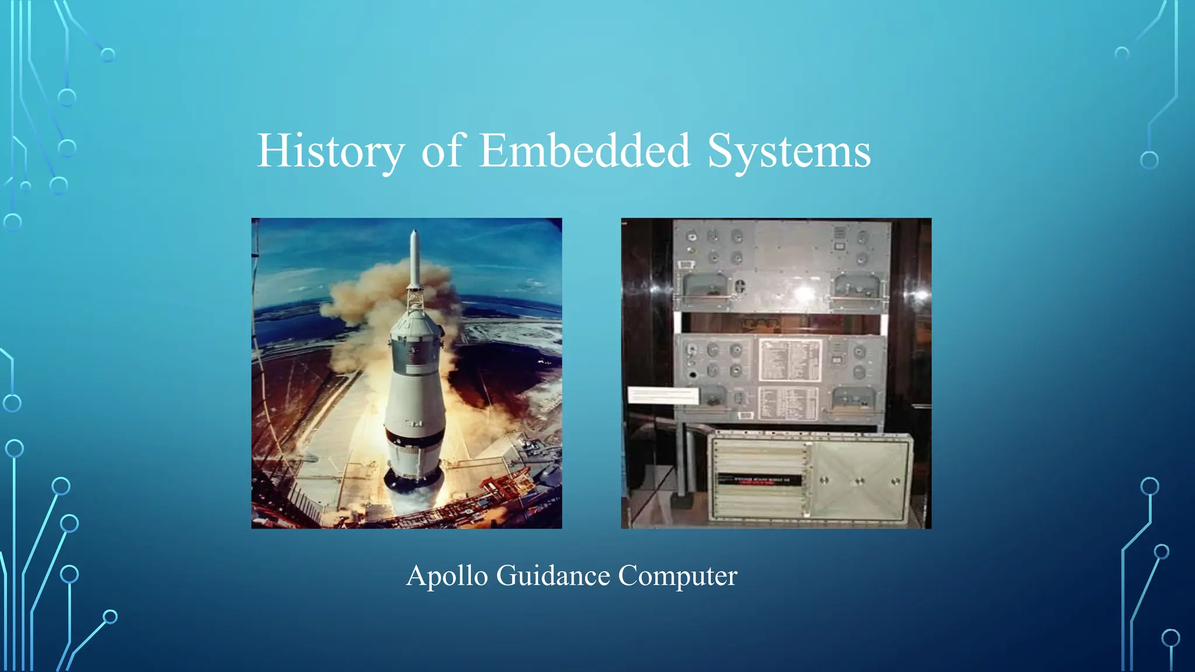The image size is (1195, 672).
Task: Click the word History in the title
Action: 330,151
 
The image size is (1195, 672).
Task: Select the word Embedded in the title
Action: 585,151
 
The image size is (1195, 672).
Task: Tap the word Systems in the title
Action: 789,151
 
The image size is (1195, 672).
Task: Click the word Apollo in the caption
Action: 446,576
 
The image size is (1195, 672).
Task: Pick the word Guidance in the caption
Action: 553,576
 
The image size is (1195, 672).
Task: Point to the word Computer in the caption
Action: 677,576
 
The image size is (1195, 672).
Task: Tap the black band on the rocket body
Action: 414,438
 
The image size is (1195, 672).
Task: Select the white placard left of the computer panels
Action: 663,395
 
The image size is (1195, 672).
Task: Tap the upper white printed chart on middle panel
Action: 789,360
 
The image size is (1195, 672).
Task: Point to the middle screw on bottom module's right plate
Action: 859,481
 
